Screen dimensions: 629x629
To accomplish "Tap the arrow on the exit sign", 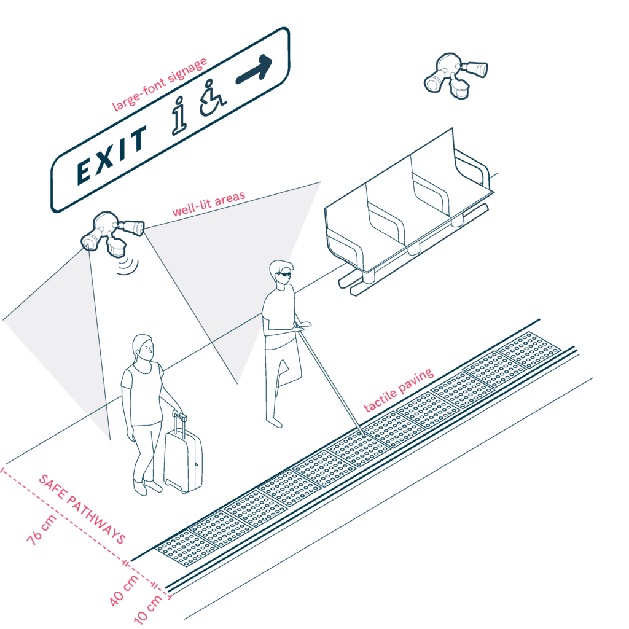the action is (254, 69).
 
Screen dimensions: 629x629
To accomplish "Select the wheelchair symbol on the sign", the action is (213, 98).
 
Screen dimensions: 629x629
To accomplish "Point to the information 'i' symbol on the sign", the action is (179, 115).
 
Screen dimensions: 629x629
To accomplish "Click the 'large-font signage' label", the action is (160, 84).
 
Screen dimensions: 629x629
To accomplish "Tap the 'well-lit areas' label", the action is (209, 204).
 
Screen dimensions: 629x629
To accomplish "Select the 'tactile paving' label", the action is (399, 390).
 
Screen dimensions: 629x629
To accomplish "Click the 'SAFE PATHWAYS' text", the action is (82, 509).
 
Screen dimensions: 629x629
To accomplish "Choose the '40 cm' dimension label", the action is (124, 590).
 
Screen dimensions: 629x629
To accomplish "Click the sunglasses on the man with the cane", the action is (284, 275).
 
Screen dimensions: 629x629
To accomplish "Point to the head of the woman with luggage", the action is (144, 348).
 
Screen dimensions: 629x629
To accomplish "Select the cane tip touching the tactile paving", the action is (364, 436).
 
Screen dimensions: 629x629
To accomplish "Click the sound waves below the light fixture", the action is (128, 265).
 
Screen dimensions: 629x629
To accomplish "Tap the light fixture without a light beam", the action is (456, 76).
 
